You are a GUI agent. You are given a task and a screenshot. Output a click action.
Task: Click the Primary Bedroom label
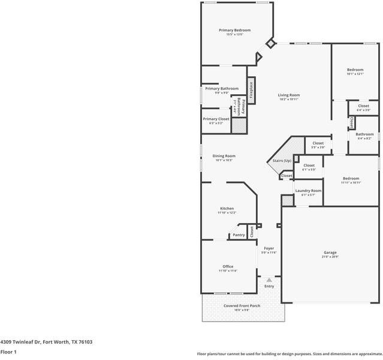234,30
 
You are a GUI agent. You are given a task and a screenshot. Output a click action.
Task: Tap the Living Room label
288,95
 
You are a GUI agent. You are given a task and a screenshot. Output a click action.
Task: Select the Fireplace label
251,90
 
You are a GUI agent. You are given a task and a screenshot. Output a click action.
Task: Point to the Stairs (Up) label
282,161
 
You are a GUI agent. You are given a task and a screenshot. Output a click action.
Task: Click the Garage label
330,253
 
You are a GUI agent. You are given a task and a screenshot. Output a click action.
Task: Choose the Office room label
228,266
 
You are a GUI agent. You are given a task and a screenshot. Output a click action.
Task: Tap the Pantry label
239,235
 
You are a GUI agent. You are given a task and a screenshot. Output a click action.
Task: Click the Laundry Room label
308,190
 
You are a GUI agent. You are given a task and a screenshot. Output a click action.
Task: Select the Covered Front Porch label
242,305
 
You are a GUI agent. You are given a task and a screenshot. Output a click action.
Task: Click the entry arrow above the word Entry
269,280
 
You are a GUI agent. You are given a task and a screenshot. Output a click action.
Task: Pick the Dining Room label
224,156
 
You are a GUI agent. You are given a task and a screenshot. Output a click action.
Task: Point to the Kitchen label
227,208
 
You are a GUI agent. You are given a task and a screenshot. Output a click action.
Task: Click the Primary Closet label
216,119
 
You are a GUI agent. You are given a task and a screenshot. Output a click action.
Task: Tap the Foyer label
269,248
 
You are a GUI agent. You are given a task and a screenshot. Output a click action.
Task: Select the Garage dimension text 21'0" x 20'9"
330,257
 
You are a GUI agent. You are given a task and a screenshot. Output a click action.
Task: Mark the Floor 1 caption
8,352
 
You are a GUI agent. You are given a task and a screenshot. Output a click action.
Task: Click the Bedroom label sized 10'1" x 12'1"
355,70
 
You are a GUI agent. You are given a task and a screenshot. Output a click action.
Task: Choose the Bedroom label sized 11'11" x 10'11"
351,178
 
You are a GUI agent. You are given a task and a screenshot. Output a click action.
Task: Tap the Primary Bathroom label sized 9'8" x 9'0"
221,88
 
